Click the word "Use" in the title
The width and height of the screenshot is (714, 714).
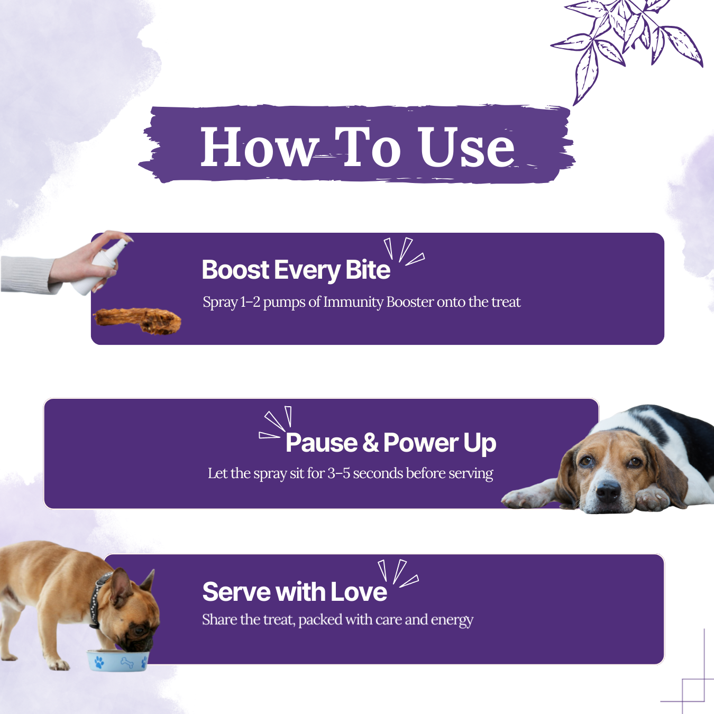(x=466, y=147)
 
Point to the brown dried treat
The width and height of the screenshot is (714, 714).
(x=138, y=321)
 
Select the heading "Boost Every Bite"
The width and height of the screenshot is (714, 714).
(x=296, y=270)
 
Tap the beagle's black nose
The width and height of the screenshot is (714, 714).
(x=608, y=491)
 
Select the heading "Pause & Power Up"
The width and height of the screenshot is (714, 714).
(x=390, y=443)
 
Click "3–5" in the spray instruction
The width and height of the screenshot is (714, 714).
(x=338, y=473)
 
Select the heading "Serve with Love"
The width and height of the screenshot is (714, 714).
(x=295, y=591)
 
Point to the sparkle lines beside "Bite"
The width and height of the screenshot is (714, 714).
(x=404, y=251)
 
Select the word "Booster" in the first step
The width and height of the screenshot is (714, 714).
(x=410, y=301)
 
